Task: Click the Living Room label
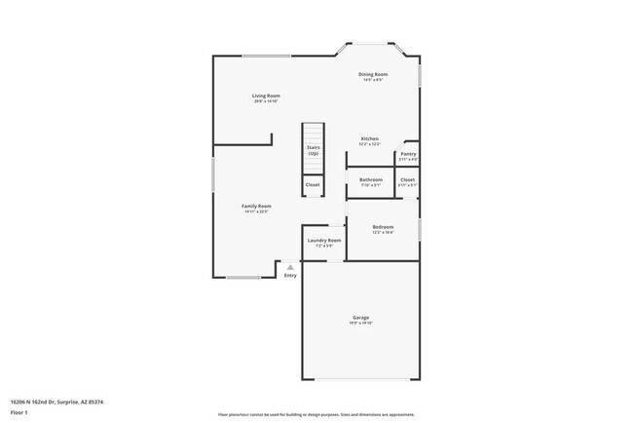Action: [x=266, y=96]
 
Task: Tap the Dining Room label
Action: [x=373, y=74]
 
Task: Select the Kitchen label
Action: [x=370, y=138]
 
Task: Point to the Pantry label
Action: [x=408, y=153]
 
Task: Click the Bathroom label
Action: [x=371, y=179]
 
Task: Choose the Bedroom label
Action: [x=383, y=227]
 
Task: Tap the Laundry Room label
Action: [x=324, y=240]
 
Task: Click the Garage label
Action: [x=360, y=317]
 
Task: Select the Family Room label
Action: [x=256, y=206]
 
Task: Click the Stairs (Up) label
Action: [x=314, y=151]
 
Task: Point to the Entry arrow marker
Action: [x=289, y=266]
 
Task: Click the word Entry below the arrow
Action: [x=289, y=276]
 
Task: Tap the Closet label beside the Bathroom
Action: [x=407, y=179]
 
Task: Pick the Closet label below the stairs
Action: [x=313, y=184]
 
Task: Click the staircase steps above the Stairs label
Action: [x=313, y=132]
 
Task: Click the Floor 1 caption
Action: [x=20, y=412]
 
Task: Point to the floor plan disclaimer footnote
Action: [x=316, y=414]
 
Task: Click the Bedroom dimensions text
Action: [x=383, y=233]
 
